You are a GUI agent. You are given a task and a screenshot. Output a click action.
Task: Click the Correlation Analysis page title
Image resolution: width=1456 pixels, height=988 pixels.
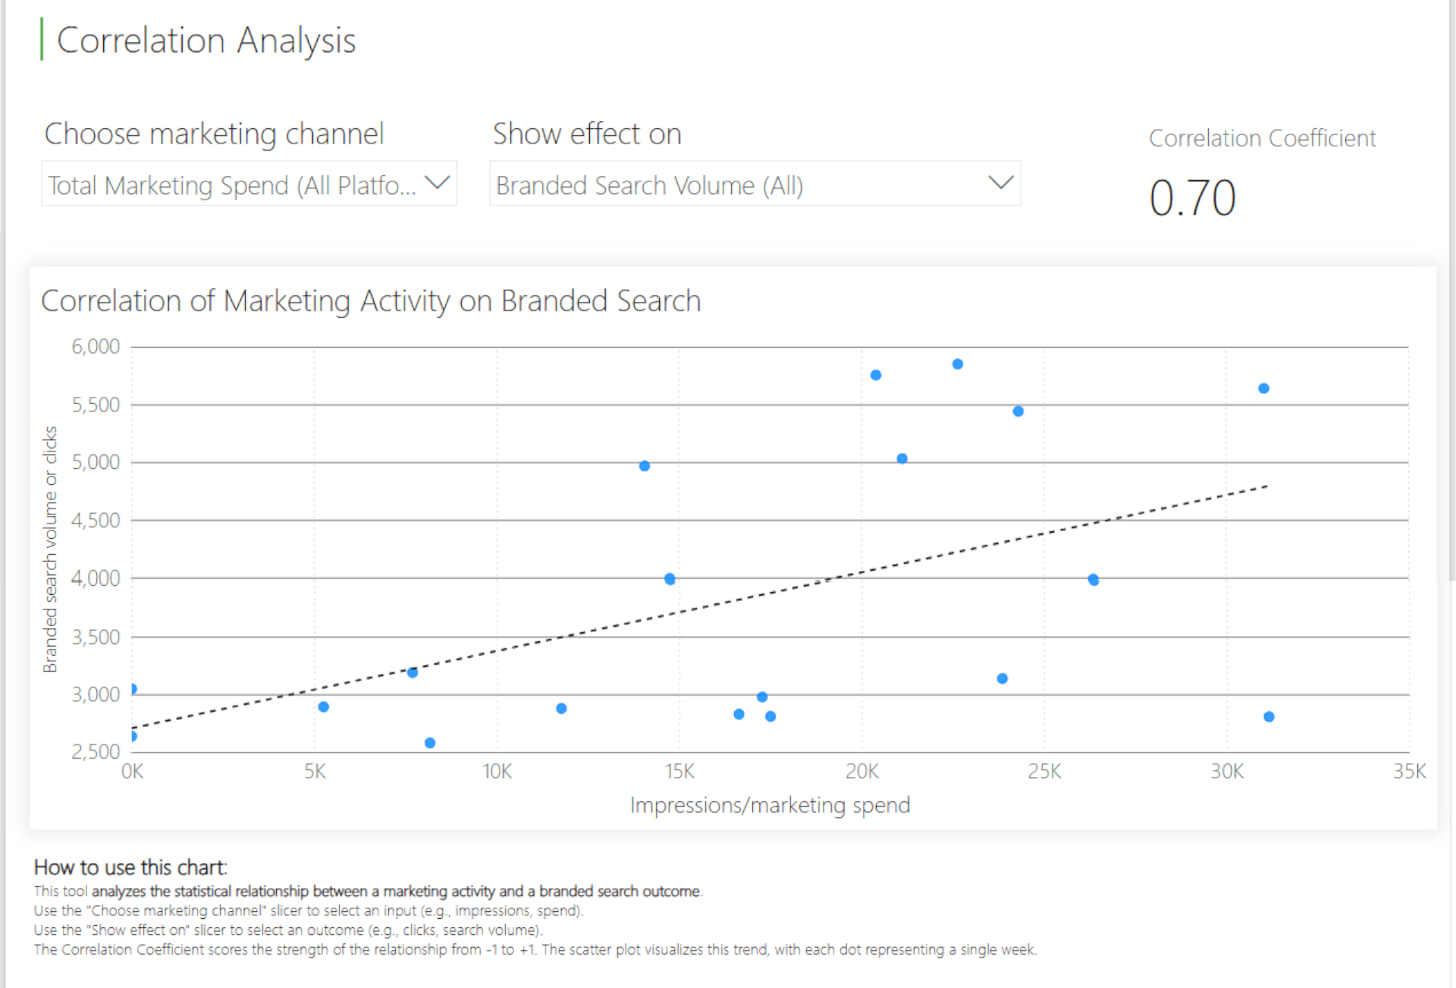coord(206,41)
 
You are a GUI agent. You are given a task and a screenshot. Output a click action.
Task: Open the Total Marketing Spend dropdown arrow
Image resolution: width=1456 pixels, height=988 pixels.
coord(438,183)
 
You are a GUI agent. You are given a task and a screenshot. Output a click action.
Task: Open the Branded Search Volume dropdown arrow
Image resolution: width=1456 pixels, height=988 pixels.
coord(1001,183)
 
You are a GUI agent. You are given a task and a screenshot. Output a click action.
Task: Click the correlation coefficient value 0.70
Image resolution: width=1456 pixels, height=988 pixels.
coord(1192,198)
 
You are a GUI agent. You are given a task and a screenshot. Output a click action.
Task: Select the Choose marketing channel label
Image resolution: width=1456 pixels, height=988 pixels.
coord(214,134)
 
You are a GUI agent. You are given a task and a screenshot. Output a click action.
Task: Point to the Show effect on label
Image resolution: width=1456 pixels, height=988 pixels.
coord(587,134)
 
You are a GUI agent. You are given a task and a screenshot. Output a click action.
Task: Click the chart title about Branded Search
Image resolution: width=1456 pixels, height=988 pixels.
coord(371,301)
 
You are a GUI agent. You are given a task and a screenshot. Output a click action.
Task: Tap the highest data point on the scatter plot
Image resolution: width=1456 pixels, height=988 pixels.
coord(958,364)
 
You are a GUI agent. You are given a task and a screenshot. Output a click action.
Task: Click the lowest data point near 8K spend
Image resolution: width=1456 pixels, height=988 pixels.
coord(430,743)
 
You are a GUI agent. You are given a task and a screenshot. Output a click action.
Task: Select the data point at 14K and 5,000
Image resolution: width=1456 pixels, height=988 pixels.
coord(645,466)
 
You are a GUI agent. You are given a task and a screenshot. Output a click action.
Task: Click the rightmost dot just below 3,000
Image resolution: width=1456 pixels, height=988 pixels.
coord(1269,716)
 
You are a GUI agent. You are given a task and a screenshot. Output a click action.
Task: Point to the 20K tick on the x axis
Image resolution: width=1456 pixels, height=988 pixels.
coord(862,772)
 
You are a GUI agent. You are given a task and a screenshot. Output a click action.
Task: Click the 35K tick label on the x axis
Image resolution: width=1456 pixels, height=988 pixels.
coord(1409,772)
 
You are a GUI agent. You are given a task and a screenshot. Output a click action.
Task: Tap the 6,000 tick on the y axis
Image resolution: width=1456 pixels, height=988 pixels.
coord(96,347)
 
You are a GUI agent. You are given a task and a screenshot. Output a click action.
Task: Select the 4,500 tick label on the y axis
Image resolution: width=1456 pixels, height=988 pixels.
coord(96,521)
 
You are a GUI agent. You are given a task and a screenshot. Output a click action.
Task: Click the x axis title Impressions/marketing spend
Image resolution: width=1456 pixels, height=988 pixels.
coord(770,805)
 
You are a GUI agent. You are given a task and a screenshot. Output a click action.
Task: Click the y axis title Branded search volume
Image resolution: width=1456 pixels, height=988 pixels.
coord(50,549)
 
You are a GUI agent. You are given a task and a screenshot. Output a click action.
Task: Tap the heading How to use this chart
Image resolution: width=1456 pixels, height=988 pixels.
coord(130,867)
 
